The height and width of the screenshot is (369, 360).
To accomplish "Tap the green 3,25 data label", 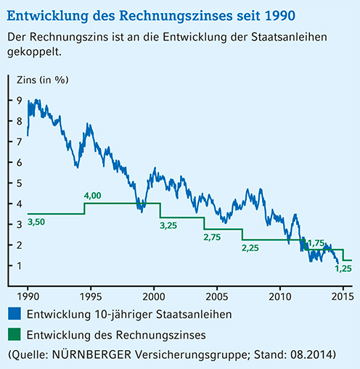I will (x=168, y=225).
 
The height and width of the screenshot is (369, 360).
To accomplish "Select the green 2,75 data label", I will (x=213, y=236).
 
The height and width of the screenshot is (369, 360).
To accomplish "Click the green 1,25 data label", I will (x=343, y=269).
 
